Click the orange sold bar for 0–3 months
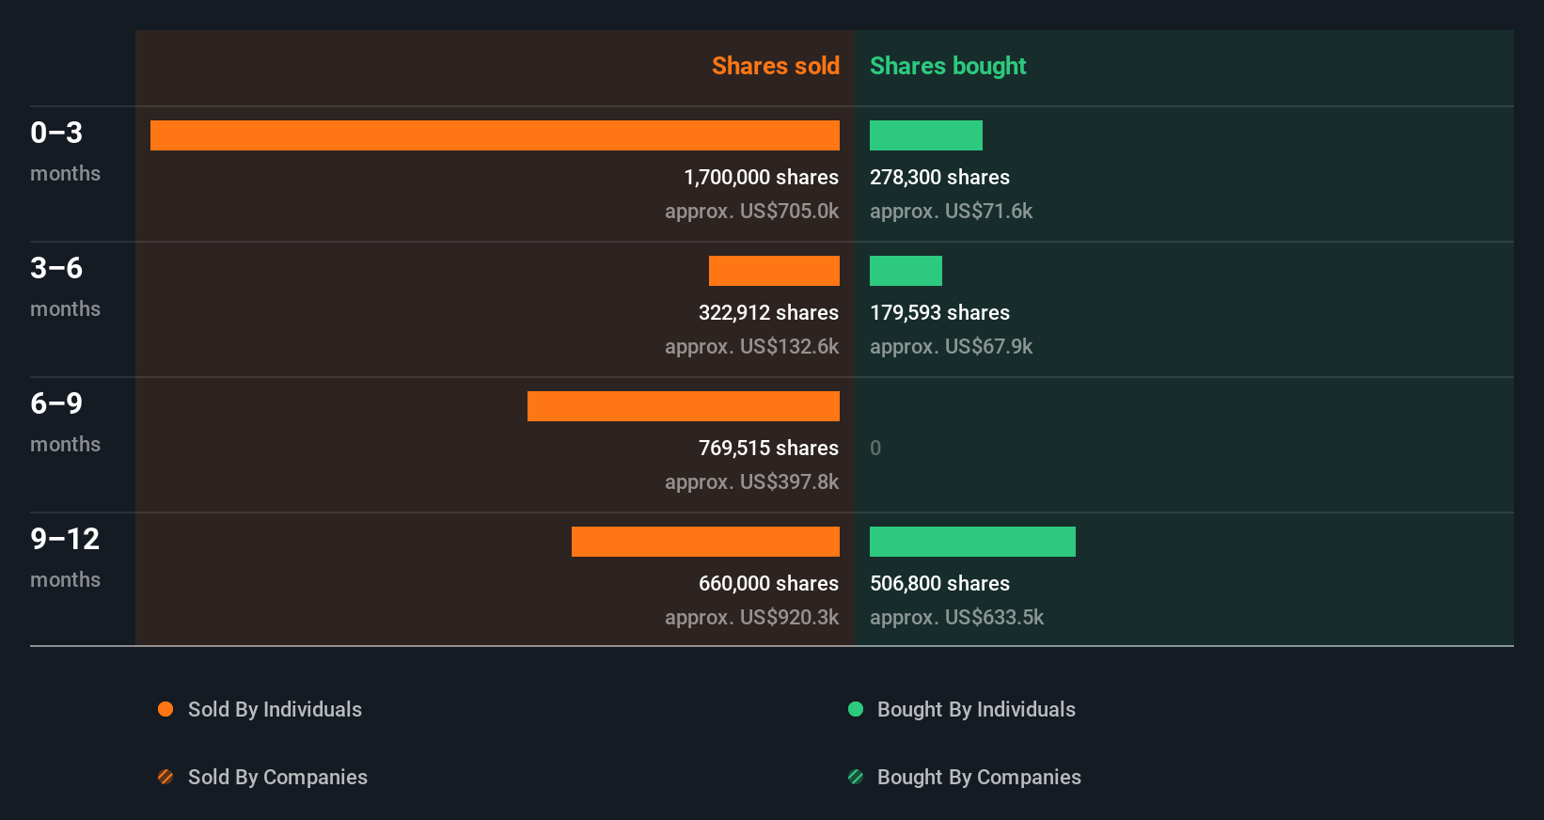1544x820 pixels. click(495, 135)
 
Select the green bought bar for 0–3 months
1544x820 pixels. click(925, 135)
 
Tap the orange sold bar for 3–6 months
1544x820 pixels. click(774, 271)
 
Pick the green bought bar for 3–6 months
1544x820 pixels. click(906, 271)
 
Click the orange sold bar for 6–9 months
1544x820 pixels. click(683, 406)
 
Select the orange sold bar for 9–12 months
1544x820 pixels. click(705, 542)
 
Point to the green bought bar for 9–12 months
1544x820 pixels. click(972, 542)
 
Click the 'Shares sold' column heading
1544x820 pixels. click(775, 66)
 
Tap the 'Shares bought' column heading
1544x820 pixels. click(947, 66)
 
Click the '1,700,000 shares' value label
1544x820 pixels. click(761, 177)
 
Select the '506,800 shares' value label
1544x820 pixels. click(939, 583)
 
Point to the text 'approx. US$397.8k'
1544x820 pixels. click(751, 481)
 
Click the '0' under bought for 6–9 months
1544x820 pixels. click(875, 448)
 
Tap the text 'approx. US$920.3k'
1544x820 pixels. click(751, 617)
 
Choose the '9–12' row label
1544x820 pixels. click(65, 539)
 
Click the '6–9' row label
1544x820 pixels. click(56, 403)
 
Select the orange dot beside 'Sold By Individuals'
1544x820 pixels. click(165, 709)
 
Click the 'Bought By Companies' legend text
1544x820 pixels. click(979, 777)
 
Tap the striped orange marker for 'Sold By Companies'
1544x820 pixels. click(165, 777)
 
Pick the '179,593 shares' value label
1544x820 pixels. click(939, 312)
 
